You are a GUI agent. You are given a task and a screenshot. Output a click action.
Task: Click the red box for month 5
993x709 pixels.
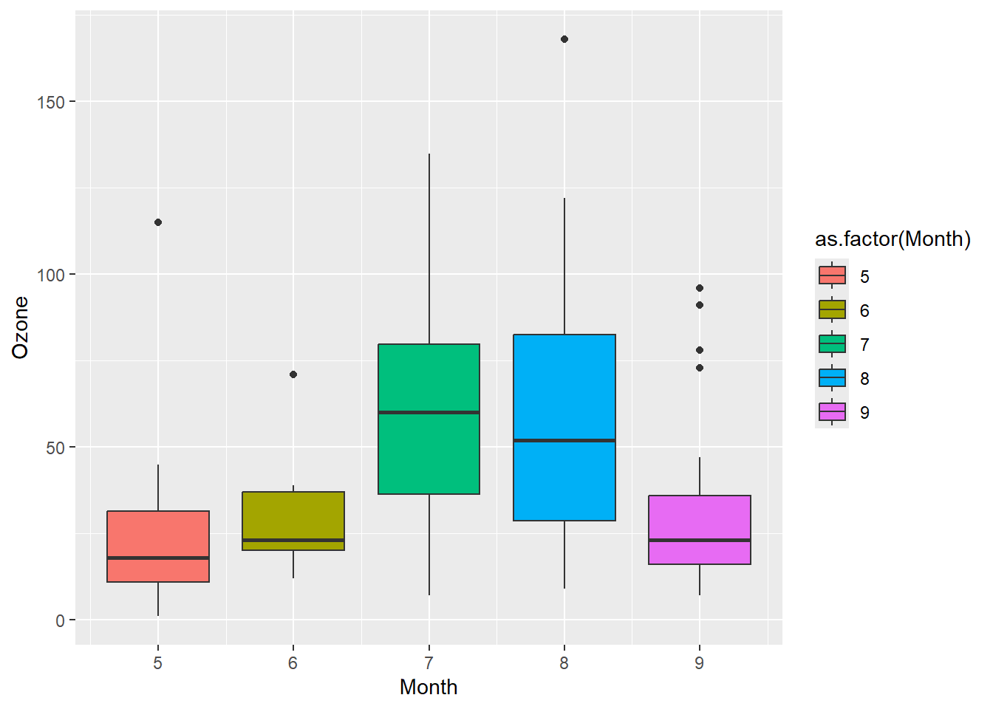pos(158,535)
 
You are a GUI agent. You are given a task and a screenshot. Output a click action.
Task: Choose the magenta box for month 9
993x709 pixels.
pos(700,517)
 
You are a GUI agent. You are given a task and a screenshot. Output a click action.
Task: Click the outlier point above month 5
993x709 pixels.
pos(158,222)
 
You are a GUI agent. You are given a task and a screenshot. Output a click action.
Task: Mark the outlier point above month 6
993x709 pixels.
pos(293,374)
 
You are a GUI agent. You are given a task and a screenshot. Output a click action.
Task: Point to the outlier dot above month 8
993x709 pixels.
pos(564,39)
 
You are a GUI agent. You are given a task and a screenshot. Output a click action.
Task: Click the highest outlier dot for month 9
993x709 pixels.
pos(700,288)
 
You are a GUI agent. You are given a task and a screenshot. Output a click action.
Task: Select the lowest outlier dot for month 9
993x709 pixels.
pos(700,368)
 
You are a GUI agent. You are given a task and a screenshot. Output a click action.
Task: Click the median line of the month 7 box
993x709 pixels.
pos(429,412)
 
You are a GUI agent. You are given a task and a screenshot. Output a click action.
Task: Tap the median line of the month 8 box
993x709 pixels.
pos(564,440)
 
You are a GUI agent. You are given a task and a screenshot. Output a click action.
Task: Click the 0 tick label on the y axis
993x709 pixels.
pos(60,621)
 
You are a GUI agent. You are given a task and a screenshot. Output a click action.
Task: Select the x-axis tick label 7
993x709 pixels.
pos(429,663)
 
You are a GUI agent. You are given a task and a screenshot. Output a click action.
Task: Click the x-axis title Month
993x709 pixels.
pos(429,688)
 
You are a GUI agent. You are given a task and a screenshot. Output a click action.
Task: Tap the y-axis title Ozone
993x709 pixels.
pos(20,327)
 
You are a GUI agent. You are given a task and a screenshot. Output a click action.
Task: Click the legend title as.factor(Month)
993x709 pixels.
pos(893,239)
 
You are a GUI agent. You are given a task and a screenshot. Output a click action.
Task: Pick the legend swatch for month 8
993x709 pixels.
pos(832,378)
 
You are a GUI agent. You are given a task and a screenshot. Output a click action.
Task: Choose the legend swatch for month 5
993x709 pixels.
pos(832,276)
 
